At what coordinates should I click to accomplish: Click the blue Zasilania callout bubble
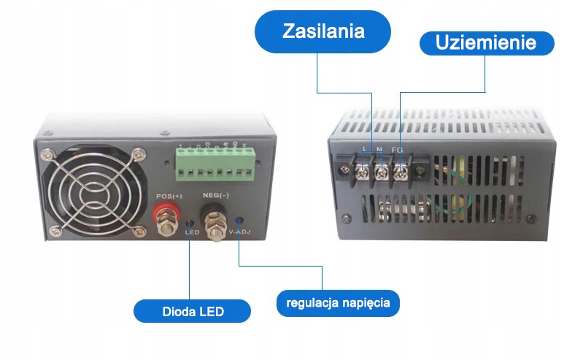click(323, 32)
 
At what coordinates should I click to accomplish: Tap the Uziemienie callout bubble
click(485, 42)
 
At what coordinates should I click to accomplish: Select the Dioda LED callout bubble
click(193, 312)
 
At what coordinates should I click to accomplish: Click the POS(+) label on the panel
click(169, 196)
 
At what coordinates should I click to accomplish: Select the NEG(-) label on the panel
click(215, 196)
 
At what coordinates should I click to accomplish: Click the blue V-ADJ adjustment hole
click(240, 221)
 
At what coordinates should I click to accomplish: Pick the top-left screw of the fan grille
click(48, 154)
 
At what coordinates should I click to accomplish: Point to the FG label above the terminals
click(398, 150)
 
